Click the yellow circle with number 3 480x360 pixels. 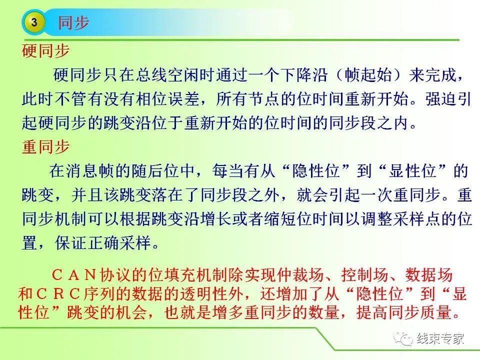[x=34, y=22]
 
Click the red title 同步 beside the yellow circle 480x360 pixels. [x=73, y=22]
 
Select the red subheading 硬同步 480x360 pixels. [x=46, y=51]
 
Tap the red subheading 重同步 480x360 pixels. [x=46, y=146]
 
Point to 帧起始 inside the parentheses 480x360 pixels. [x=368, y=74]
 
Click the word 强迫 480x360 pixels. [x=440, y=98]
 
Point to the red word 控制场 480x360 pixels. [x=364, y=274]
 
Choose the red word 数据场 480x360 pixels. [x=429, y=274]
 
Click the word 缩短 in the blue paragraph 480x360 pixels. [x=280, y=218]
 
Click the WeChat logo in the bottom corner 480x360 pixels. [x=403, y=338]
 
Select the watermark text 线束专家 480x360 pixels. [x=440, y=338]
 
